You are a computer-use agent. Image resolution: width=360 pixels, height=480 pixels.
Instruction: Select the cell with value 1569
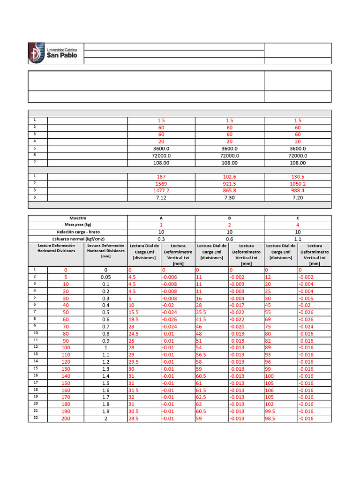click(161, 184)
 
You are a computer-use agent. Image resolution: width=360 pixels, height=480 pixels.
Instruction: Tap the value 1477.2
click(161, 191)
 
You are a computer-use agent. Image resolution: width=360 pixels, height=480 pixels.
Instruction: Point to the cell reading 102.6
click(229, 177)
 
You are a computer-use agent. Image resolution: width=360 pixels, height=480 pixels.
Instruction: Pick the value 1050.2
click(298, 184)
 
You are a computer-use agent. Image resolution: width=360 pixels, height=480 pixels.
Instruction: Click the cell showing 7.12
click(161, 198)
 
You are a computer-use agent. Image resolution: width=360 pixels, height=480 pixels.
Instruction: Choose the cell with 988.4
click(298, 191)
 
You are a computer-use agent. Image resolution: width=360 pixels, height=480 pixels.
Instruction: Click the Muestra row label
click(78, 218)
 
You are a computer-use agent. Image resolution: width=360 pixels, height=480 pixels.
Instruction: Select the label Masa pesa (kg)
click(78, 225)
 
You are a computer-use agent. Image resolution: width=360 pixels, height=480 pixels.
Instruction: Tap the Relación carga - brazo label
click(78, 232)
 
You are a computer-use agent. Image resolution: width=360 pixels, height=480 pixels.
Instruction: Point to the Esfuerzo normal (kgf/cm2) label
click(78, 239)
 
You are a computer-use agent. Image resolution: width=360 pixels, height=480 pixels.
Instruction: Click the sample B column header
click(229, 218)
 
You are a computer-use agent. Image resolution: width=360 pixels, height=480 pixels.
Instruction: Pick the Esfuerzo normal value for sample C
click(298, 239)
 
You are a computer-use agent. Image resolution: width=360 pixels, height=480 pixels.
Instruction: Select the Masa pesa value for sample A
click(161, 225)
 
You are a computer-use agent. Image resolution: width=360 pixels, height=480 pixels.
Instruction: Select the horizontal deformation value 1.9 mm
click(106, 412)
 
